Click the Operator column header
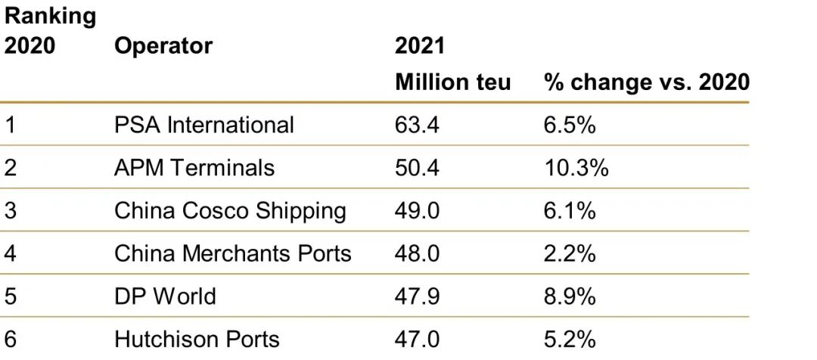(x=163, y=46)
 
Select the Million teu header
(x=452, y=82)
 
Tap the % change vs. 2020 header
(x=646, y=82)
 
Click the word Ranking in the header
(x=51, y=16)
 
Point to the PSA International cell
(x=203, y=124)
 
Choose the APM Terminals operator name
(x=194, y=167)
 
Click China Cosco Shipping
(x=230, y=210)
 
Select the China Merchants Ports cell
(x=232, y=253)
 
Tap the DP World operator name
(x=165, y=296)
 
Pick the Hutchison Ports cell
(x=197, y=339)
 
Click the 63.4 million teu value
(x=417, y=124)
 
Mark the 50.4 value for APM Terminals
(x=417, y=167)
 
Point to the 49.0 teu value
(x=417, y=210)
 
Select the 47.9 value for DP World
(x=417, y=296)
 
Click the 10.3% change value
(x=576, y=167)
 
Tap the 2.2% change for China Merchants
(x=570, y=253)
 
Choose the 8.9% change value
(x=570, y=296)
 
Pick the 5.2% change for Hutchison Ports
(x=570, y=339)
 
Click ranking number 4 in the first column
(x=11, y=253)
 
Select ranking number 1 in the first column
(x=11, y=124)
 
